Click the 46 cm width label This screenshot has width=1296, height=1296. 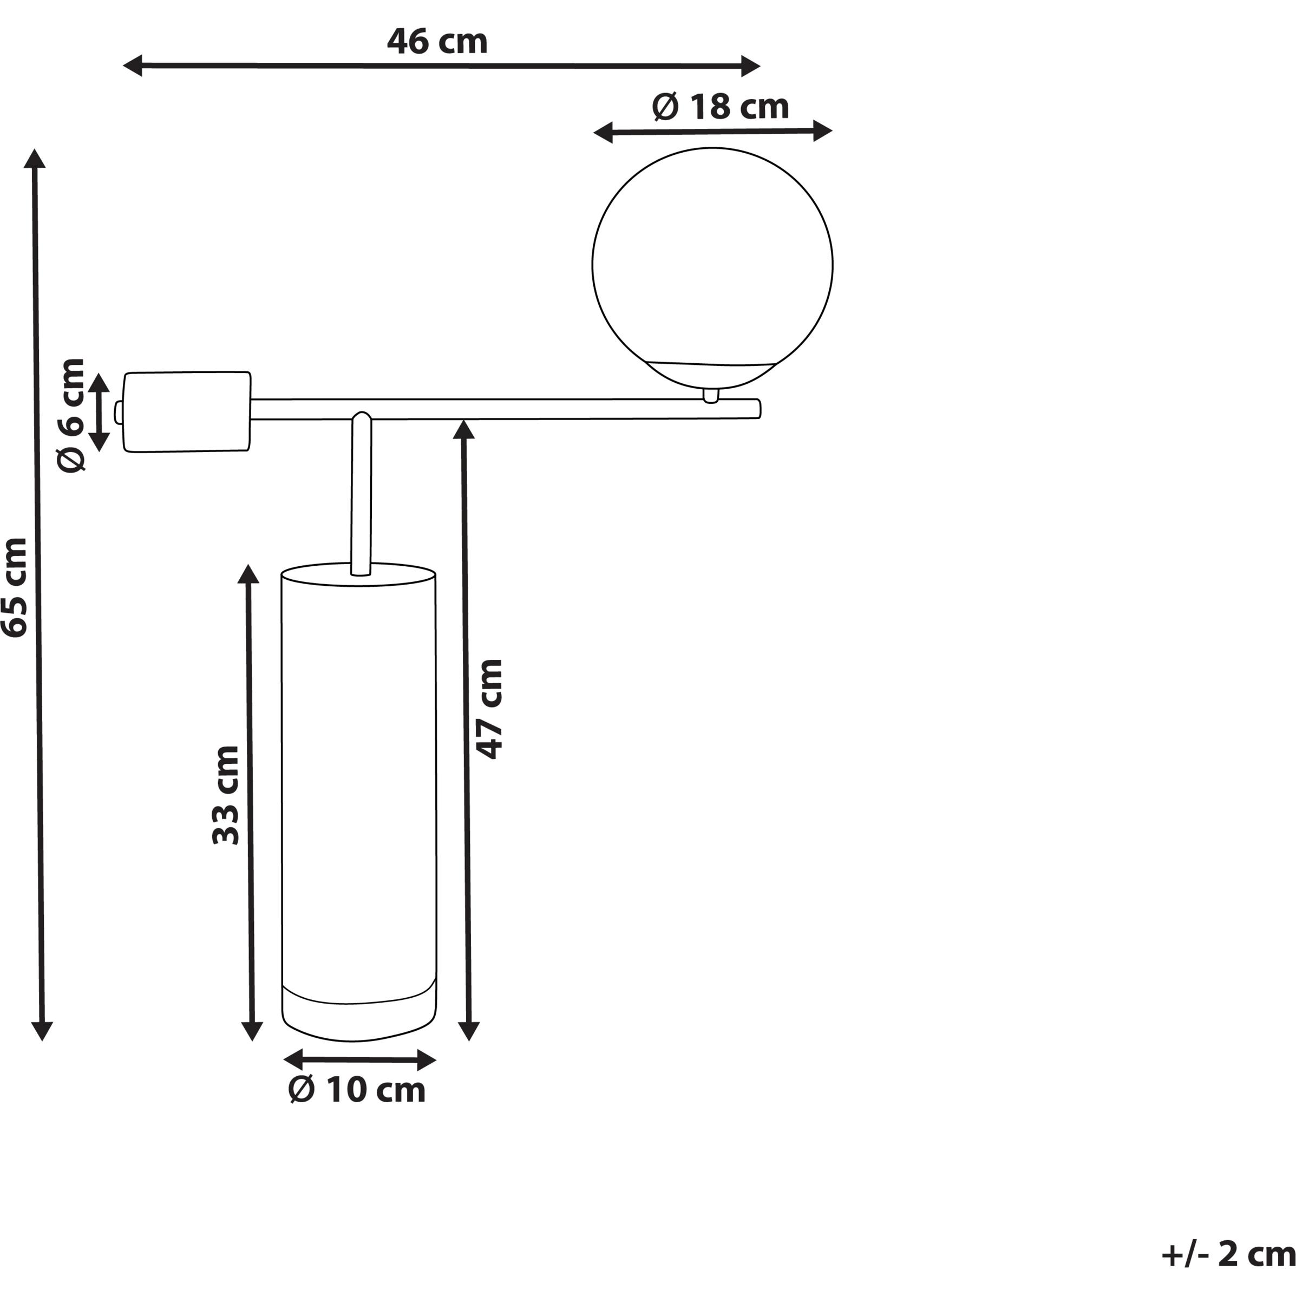point(437,42)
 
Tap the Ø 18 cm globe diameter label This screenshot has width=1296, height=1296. point(720,107)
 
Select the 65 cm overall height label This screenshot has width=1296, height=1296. point(15,587)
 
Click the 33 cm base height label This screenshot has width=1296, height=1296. point(225,795)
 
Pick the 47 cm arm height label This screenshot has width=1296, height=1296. point(489,709)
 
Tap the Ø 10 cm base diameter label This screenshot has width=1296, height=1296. point(357,1090)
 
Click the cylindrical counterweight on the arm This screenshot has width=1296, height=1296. point(187,412)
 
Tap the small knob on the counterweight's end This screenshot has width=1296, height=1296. point(118,412)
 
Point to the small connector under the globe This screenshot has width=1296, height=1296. point(710,395)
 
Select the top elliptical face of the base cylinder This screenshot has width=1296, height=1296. point(358,575)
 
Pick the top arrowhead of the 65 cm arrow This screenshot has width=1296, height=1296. point(34,158)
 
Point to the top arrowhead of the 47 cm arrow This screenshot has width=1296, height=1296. point(463,429)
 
